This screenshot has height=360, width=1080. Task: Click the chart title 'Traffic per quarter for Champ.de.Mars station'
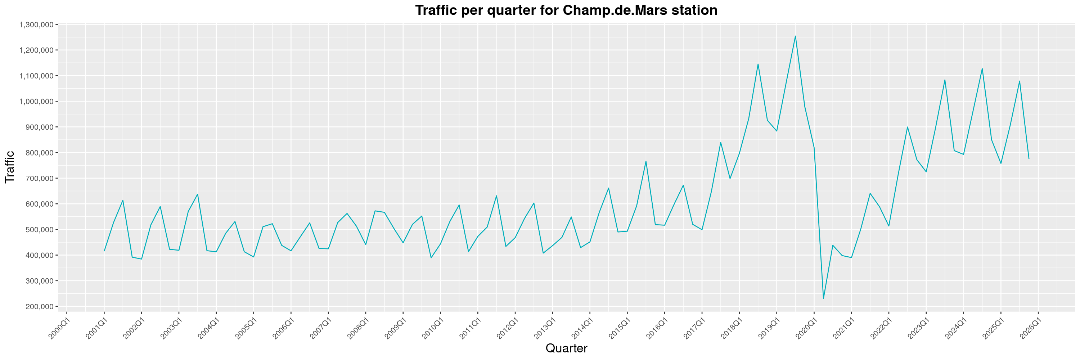(566, 10)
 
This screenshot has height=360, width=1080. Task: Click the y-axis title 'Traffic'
(10, 167)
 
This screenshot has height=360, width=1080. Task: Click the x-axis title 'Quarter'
(566, 348)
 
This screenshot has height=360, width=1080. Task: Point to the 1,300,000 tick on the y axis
(36, 25)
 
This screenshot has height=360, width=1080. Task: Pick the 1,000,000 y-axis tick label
(36, 102)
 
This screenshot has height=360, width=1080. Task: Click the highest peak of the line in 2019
(795, 36)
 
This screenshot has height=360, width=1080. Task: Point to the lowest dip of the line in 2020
(823, 299)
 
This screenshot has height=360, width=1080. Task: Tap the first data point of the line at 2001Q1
(104, 251)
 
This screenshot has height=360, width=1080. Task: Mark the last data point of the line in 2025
(1029, 158)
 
